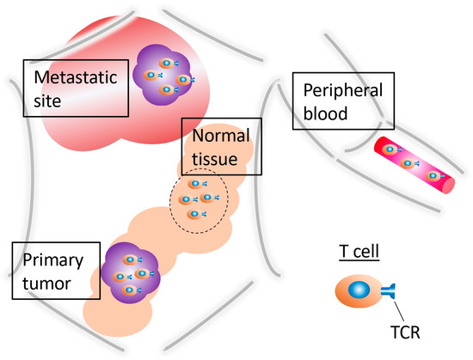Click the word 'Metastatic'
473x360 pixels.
click(x=75, y=77)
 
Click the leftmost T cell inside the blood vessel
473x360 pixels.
click(x=389, y=149)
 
